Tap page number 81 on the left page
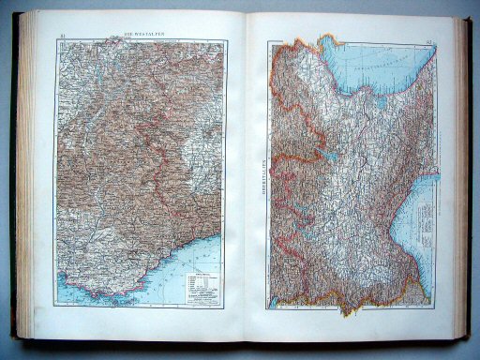point(62,37)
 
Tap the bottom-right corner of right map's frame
point(429,305)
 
